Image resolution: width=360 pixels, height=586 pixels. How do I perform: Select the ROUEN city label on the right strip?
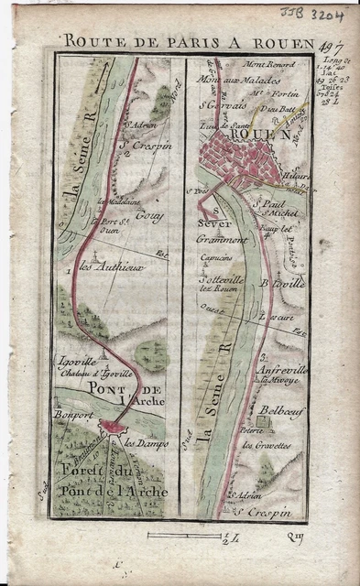pos(266,135)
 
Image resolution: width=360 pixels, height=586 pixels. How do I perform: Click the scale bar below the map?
pos(193,534)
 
